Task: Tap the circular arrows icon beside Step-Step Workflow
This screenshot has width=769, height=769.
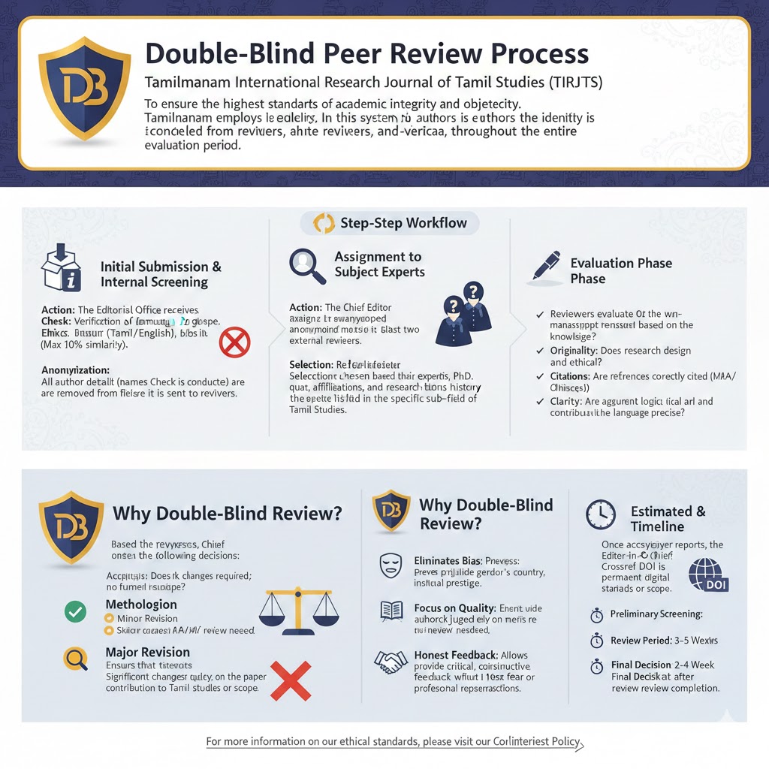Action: coord(324,223)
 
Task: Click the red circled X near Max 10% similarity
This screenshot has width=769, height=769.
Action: coord(234,343)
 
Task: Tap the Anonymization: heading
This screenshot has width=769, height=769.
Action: coord(75,370)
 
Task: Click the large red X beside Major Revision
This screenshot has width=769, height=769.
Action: coord(290,680)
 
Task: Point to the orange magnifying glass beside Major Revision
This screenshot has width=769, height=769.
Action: coord(76,658)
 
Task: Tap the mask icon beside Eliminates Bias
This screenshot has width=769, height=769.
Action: coord(389,562)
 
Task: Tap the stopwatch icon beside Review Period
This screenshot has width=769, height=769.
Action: coord(598,641)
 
